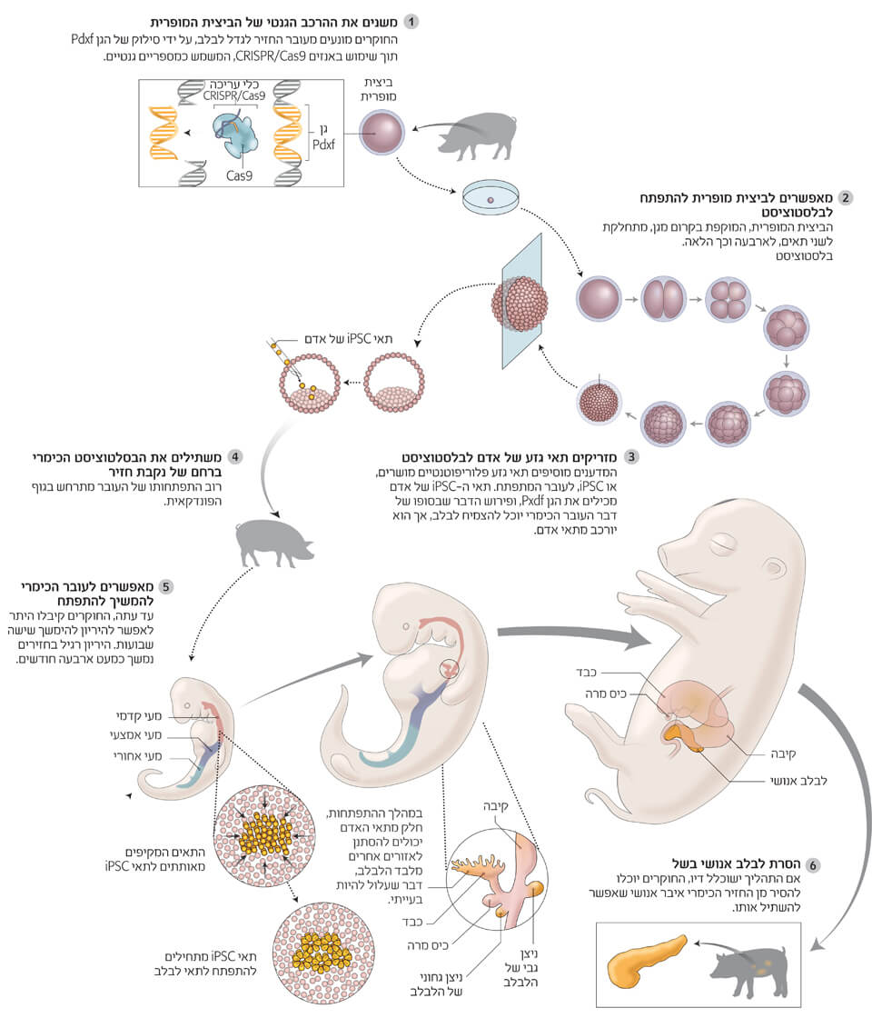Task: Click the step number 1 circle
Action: [412, 21]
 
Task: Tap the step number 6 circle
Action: [814, 864]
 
